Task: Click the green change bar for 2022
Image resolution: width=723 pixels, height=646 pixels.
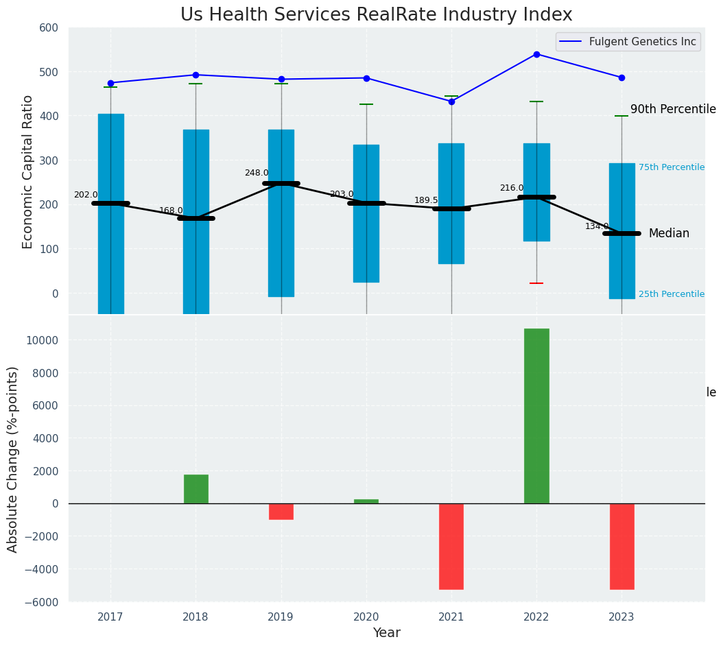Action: (x=536, y=416)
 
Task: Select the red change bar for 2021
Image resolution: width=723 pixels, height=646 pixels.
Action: (x=451, y=546)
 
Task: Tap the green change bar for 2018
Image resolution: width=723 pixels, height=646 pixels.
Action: (x=195, y=489)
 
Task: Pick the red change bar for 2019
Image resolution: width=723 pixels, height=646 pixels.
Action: (x=281, y=512)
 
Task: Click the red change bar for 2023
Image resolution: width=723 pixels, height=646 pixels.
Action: (x=621, y=546)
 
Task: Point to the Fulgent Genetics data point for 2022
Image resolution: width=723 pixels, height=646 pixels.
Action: (x=536, y=54)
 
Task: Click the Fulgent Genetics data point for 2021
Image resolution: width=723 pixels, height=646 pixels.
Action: (x=451, y=101)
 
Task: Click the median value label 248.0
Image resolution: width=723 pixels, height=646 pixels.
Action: (x=257, y=173)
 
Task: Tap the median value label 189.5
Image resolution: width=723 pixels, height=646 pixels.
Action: (x=426, y=200)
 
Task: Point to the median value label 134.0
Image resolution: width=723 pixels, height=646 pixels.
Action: (x=597, y=226)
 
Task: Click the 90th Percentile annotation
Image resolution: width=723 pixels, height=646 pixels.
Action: (x=673, y=110)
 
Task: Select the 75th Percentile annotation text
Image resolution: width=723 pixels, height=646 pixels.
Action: (x=672, y=167)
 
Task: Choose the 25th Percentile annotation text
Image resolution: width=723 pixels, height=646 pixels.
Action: (x=672, y=294)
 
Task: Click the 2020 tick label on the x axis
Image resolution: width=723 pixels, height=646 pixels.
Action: (x=366, y=617)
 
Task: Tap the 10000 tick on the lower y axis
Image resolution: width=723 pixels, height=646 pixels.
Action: (x=43, y=340)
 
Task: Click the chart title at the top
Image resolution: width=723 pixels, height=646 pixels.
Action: (x=376, y=15)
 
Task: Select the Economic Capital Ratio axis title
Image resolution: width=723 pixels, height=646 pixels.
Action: (x=28, y=171)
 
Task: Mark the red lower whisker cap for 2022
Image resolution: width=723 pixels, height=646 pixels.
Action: (x=536, y=283)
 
